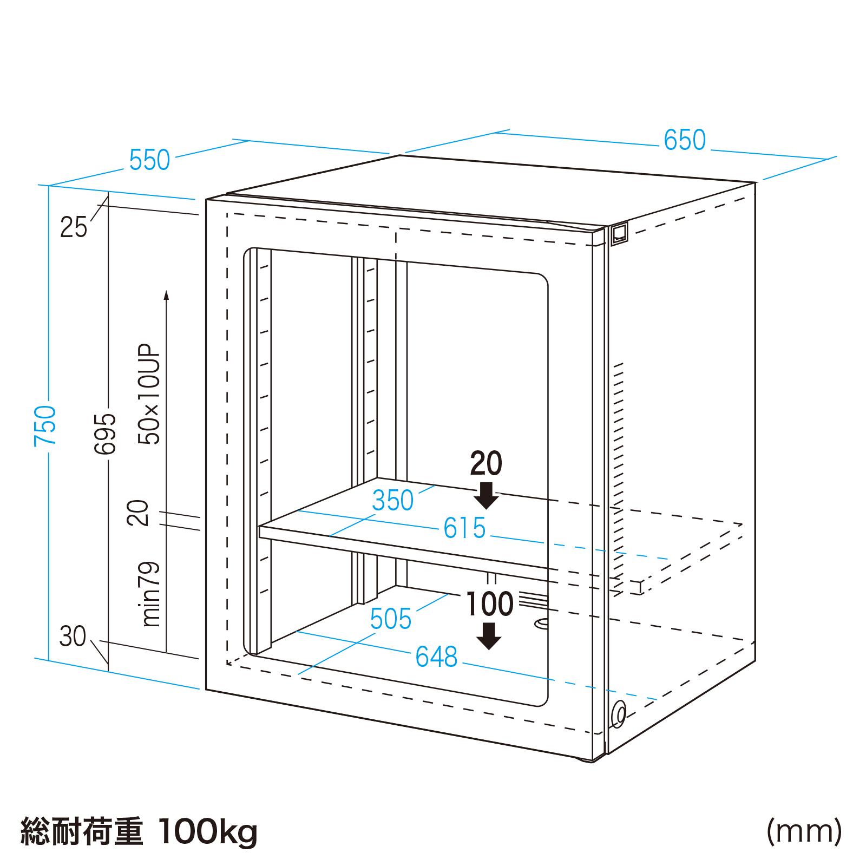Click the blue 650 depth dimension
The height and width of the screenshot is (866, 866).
click(685, 140)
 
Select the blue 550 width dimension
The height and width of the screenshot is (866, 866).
click(149, 160)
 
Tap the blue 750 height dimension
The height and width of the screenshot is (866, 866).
click(45, 425)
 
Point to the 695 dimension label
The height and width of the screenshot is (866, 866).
click(105, 434)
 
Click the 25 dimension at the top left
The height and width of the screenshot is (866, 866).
click(73, 227)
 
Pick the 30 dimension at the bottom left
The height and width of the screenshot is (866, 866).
click(73, 637)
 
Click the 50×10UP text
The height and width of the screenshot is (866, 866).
click(149, 394)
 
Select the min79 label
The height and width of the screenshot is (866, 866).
click(150, 594)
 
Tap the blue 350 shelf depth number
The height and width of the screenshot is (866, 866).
click(392, 500)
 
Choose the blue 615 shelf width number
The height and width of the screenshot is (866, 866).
click(464, 528)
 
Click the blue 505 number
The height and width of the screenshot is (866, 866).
click(391, 619)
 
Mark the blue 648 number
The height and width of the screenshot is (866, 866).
click(436, 657)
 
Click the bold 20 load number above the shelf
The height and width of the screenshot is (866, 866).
click(486, 463)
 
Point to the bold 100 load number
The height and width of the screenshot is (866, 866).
click(490, 604)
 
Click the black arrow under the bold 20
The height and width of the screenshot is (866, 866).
click(486, 495)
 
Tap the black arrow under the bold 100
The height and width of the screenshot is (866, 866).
click(489, 636)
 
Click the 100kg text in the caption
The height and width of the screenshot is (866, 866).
click(208, 832)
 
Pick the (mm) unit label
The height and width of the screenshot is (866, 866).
click(804, 831)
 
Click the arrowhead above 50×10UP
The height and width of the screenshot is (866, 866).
click(166, 295)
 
